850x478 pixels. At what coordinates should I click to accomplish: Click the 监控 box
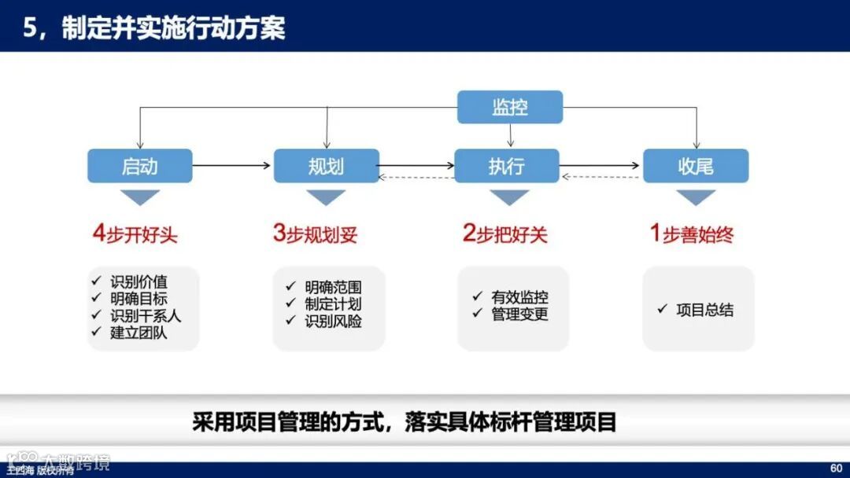click(510, 107)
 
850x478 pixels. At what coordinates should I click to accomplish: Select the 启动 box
click(140, 166)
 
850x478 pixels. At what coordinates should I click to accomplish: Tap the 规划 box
click(326, 166)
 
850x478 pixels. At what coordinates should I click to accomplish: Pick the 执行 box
click(507, 166)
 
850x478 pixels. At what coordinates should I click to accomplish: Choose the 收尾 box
click(696, 166)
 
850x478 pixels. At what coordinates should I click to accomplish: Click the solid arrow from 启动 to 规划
click(232, 166)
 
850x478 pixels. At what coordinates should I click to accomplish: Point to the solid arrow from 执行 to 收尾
click(601, 166)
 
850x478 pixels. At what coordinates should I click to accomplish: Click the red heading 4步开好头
click(135, 234)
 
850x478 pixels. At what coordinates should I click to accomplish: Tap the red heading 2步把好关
click(504, 234)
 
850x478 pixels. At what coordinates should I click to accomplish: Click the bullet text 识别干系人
click(146, 315)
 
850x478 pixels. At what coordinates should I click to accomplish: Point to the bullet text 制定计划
click(334, 303)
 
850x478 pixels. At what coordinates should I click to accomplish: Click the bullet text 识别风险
click(334, 321)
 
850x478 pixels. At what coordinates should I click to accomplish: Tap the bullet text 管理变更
click(519, 314)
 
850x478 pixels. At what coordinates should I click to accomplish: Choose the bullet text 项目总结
click(704, 310)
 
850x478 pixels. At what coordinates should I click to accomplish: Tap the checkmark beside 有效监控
click(477, 296)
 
